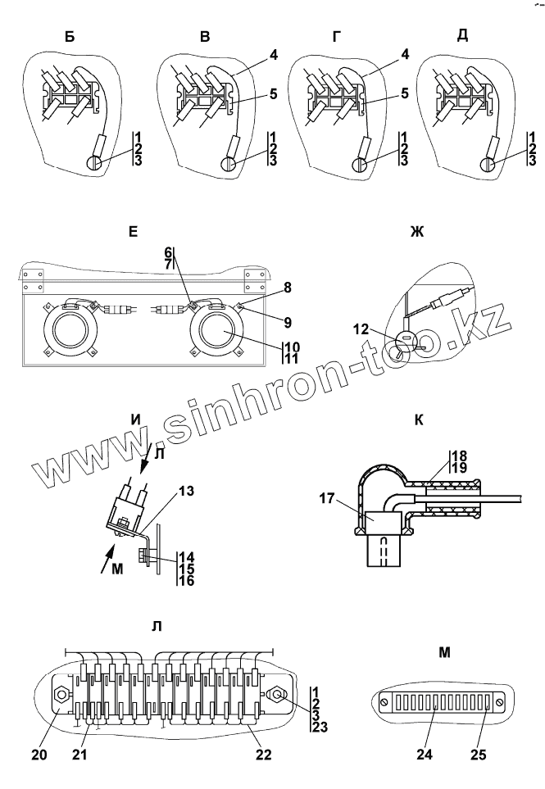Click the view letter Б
coord(75,38)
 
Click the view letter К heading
coord(419,420)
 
